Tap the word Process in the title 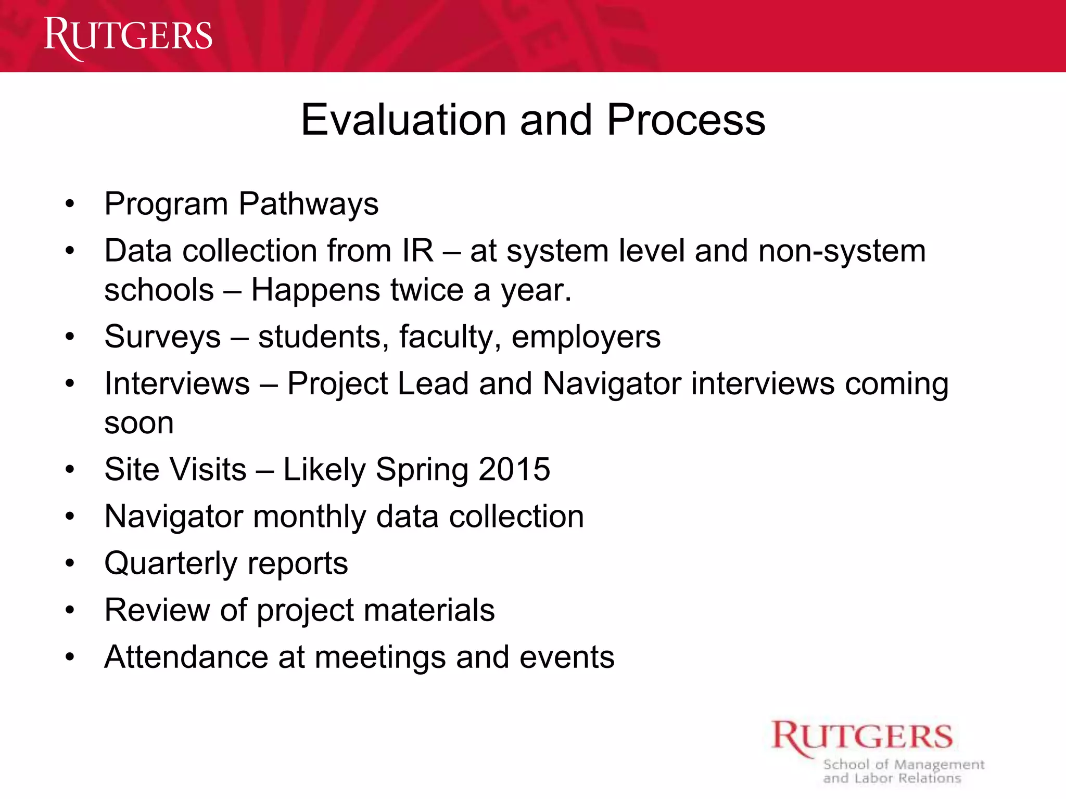click(x=686, y=120)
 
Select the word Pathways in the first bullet click(x=308, y=204)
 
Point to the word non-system click(x=842, y=251)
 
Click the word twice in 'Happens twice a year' click(x=427, y=290)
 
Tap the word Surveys click(x=162, y=337)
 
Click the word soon click(x=139, y=423)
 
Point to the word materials click(x=429, y=610)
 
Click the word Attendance click(x=186, y=657)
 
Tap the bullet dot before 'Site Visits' click(x=70, y=470)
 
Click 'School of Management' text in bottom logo click(x=904, y=765)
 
